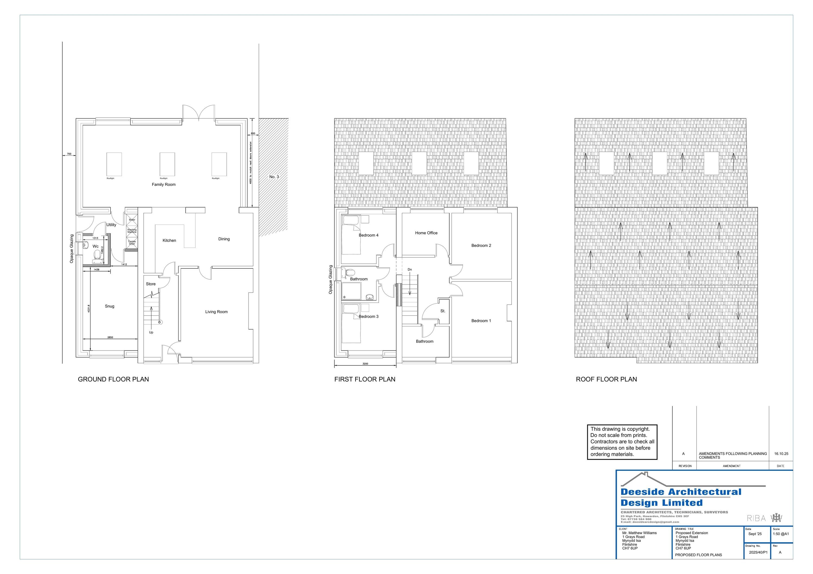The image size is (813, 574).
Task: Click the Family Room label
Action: [164, 184]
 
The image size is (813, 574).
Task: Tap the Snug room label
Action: [109, 306]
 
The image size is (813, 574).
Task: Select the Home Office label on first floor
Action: [426, 233]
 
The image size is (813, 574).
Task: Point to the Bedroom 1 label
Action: [481, 321]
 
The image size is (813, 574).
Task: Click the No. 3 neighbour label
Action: [274, 177]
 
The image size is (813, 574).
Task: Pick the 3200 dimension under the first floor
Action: [365, 364]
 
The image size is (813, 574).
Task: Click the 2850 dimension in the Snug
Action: [110, 337]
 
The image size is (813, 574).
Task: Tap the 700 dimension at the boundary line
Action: [69, 154]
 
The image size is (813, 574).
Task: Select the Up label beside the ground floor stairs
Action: [151, 332]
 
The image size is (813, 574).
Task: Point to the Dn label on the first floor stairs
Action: [410, 270]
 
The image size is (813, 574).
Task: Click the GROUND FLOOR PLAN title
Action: [113, 379]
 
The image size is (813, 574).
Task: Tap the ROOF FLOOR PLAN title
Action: [606, 379]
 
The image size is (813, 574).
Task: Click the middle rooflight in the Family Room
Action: [167, 164]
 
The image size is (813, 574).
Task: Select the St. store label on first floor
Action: [443, 311]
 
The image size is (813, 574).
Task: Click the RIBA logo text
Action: [756, 518]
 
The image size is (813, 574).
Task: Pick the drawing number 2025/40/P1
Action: [758, 552]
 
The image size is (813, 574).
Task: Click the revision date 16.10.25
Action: [781, 454]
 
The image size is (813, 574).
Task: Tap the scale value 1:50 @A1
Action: [780, 534]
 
